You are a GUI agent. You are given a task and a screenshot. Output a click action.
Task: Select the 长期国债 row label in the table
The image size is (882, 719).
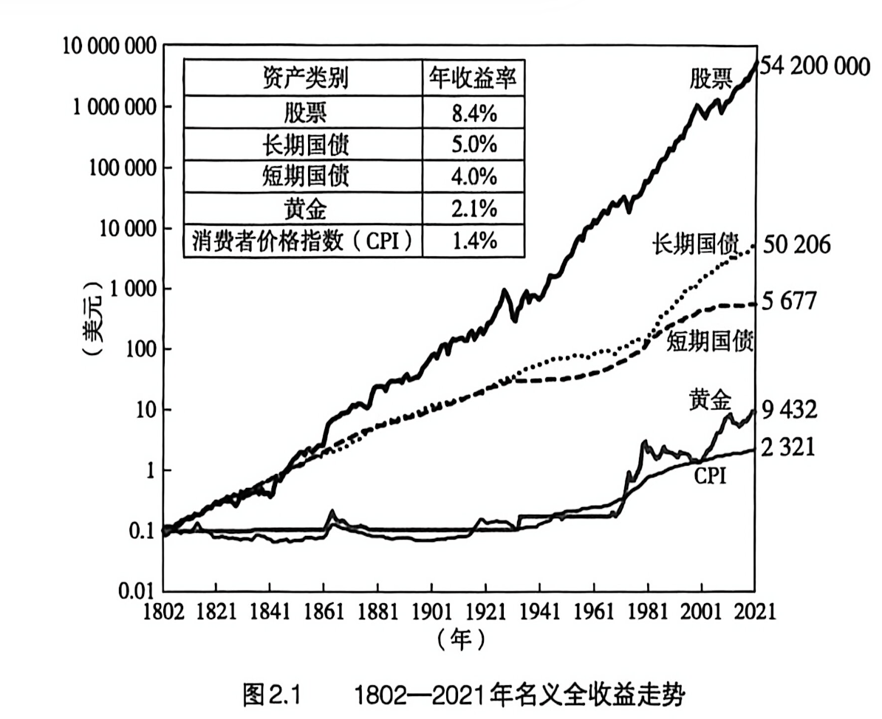tap(304, 145)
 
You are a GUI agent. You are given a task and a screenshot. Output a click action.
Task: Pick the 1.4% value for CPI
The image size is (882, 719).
tap(474, 241)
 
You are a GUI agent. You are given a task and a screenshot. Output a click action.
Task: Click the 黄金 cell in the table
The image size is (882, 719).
tap(304, 210)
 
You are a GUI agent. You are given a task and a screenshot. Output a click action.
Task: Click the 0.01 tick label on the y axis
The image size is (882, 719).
tap(138, 591)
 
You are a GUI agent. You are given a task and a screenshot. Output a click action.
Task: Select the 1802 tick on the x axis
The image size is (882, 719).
tap(163, 612)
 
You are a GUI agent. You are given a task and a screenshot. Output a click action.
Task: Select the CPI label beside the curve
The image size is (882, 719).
tap(709, 478)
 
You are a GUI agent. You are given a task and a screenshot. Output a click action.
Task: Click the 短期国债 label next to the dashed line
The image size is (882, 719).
tap(710, 342)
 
